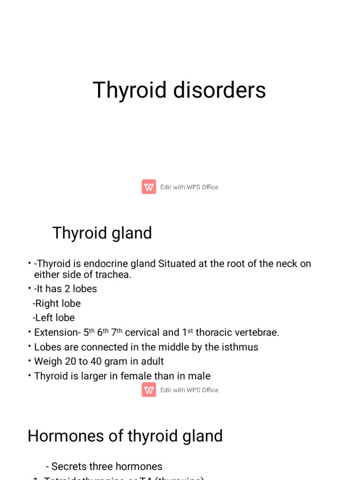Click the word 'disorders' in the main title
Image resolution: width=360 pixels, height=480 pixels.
click(x=219, y=90)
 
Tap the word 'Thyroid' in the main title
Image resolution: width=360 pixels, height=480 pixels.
click(x=130, y=90)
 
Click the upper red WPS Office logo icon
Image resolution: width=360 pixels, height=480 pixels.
click(x=149, y=187)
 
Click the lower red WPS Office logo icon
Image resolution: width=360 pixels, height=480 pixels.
click(x=149, y=390)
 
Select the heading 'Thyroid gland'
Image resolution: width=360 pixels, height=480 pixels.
click(x=102, y=233)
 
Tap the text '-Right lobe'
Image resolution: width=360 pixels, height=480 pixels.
click(x=57, y=303)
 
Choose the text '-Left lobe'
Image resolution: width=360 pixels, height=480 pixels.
click(x=54, y=318)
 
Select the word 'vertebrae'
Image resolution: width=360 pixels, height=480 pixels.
click(x=257, y=332)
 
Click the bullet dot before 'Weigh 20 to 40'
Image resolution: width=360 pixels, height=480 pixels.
click(x=29, y=361)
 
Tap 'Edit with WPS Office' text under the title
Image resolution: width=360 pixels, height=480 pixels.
click(x=189, y=187)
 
